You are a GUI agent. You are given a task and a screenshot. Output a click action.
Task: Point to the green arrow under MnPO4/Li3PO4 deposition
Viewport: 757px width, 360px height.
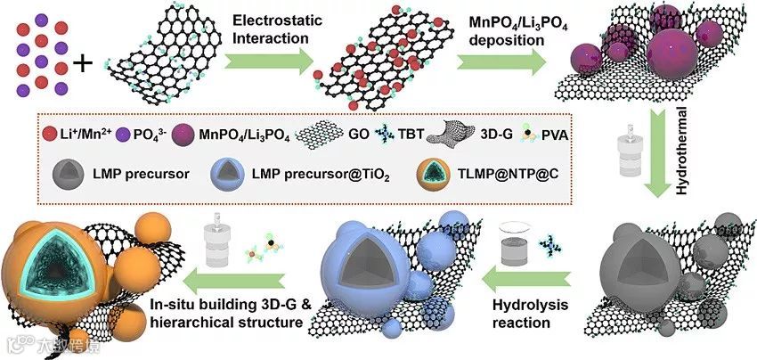(x=501, y=62)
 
